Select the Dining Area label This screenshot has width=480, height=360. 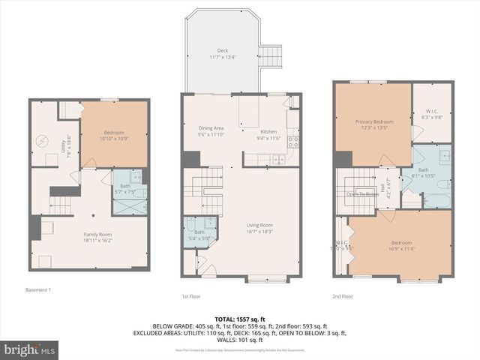(x=211, y=128)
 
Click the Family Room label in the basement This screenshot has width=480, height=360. (x=97, y=235)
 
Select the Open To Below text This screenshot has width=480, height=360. (x=363, y=194)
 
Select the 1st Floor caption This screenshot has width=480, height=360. (x=190, y=295)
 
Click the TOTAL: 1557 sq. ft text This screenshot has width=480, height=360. (x=239, y=319)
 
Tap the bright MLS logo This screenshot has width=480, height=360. (x=30, y=349)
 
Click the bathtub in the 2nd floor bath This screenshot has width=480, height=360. (x=436, y=202)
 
